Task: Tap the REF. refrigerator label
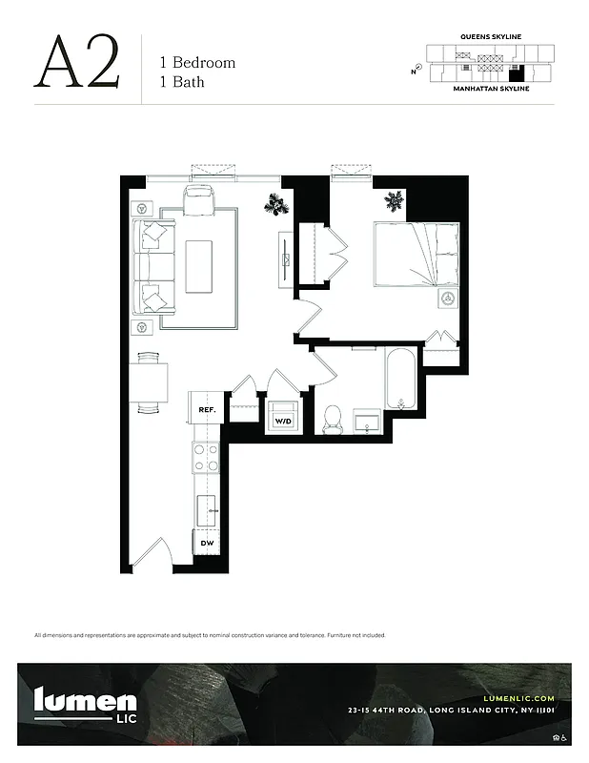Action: click(x=207, y=409)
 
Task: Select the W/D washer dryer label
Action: click(x=283, y=420)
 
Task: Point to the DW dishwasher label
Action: click(x=207, y=544)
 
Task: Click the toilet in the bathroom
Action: click(x=333, y=420)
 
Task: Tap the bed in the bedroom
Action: click(x=416, y=253)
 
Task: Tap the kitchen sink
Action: click(x=207, y=512)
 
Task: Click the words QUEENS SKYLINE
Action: click(x=490, y=36)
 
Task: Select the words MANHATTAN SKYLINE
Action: click(x=490, y=88)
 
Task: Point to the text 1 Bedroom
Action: click(x=197, y=63)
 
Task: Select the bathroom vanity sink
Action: click(x=367, y=422)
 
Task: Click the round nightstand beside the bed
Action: click(x=445, y=299)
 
